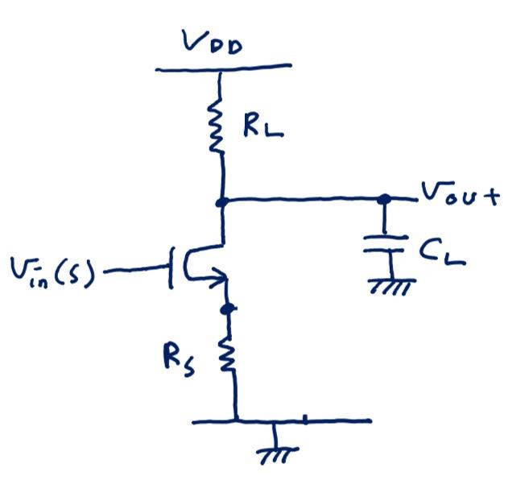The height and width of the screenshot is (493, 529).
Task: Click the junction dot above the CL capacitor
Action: [x=384, y=198]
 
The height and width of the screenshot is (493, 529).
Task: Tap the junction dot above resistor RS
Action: [x=228, y=308]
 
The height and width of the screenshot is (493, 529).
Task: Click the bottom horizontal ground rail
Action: [x=282, y=420]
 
